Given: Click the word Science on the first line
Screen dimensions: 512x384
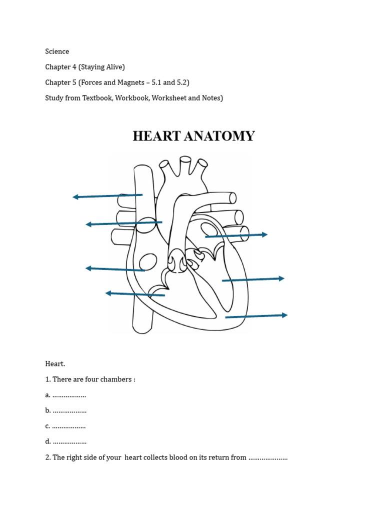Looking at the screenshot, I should coord(57,51).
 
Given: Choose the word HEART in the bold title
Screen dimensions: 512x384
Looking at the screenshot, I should coord(159,136).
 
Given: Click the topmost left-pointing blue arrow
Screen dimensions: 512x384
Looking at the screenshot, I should coord(107,196).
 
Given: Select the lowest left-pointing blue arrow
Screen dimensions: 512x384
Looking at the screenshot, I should coord(135,294).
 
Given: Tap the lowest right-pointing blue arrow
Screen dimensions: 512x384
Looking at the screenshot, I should coord(256,316).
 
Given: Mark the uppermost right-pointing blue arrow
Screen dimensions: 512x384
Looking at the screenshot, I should coord(236,235).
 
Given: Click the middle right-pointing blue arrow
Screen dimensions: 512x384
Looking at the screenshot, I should coord(253,279).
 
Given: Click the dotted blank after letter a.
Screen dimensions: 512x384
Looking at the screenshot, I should coord(69,395).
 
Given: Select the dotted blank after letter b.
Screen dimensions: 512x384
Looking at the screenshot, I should coord(69,411).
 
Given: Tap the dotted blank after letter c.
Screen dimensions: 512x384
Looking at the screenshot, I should coord(69,426).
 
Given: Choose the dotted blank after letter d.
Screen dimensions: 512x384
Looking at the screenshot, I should coord(69,442).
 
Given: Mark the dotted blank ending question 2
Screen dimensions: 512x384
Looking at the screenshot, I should coord(268,457).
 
